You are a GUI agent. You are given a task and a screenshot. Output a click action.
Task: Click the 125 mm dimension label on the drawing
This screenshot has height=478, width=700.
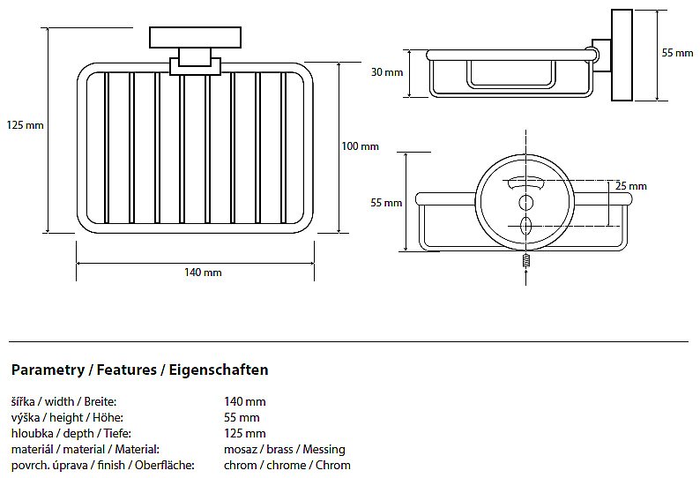[25, 125]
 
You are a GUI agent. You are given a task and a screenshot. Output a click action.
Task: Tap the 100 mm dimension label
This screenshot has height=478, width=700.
[360, 146]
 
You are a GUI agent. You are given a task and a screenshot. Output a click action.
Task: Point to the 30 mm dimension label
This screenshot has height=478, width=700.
[387, 72]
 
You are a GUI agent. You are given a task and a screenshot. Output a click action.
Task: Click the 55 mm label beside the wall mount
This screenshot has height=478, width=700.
[677, 53]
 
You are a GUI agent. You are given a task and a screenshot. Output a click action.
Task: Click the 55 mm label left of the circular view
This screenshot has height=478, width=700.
[386, 203]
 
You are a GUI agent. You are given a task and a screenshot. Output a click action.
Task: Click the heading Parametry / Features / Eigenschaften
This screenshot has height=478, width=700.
[139, 370]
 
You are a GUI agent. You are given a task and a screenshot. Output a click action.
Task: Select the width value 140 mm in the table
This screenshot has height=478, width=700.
[244, 401]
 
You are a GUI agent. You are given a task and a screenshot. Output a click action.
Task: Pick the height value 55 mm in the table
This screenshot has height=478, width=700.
[242, 417]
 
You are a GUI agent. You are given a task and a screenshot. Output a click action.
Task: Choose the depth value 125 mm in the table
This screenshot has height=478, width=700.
[244, 433]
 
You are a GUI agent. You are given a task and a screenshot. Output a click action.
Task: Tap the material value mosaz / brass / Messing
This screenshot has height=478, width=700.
[284, 449]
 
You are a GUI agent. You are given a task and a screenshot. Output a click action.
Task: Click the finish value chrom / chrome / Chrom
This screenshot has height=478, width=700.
[287, 465]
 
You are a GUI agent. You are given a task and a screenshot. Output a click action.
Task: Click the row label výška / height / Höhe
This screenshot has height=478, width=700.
[67, 417]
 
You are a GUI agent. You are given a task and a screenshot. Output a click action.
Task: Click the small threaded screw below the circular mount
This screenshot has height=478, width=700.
[525, 262]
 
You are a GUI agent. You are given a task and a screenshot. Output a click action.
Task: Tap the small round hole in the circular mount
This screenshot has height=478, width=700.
[526, 204]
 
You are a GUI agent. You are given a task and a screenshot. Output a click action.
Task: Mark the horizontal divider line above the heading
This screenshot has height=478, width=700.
[348, 341]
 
